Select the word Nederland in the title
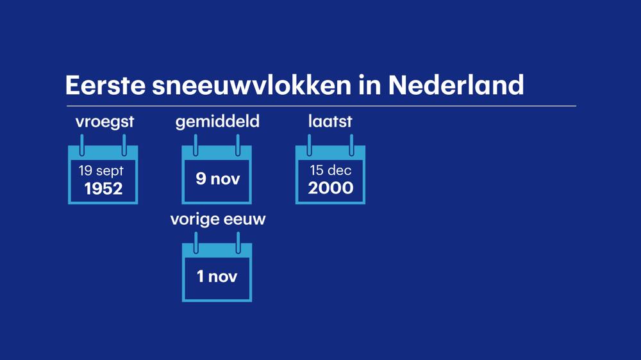click(x=456, y=85)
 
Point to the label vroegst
click(x=104, y=122)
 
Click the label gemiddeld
click(x=217, y=122)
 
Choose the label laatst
click(x=330, y=121)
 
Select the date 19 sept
click(x=101, y=171)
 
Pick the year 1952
click(x=103, y=188)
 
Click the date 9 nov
click(x=217, y=179)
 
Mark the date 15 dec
click(x=331, y=170)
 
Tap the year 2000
click(x=331, y=188)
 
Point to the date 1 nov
click(x=217, y=277)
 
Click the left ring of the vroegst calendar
click(x=82, y=145)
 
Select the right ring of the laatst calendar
click(x=351, y=145)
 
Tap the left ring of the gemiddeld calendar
click(x=196, y=145)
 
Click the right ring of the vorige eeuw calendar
click(x=238, y=243)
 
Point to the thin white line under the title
click(x=320, y=106)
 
